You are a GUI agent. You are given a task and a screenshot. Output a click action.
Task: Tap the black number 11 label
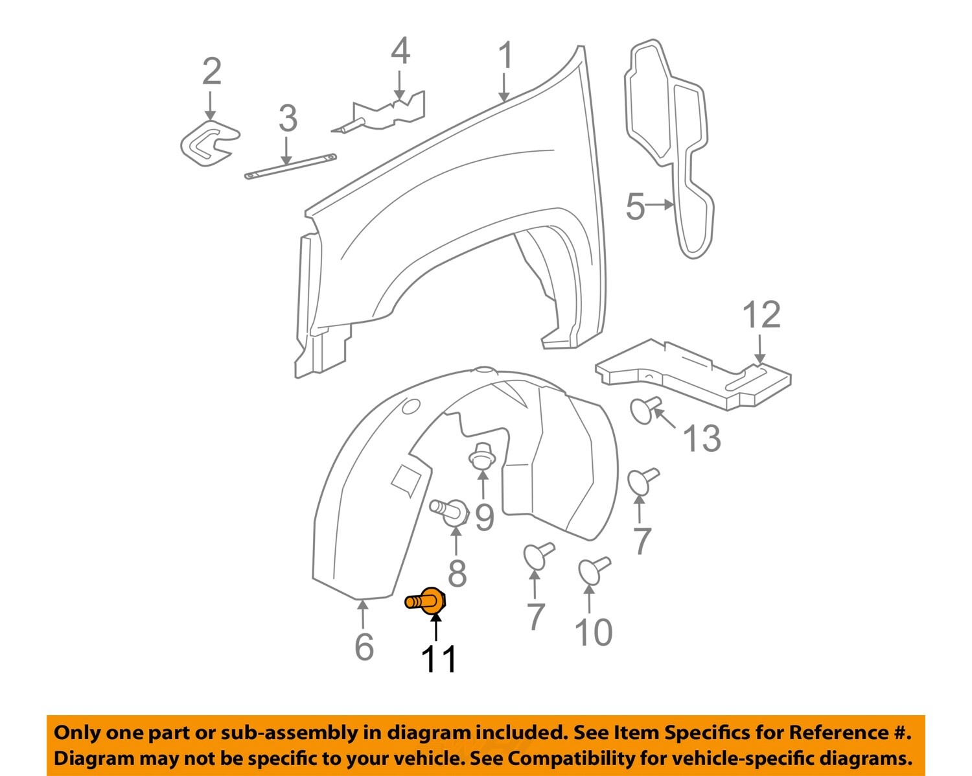(439, 660)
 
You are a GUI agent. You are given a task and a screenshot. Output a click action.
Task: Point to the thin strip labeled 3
(291, 165)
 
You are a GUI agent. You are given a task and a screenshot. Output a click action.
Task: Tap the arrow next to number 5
(661, 205)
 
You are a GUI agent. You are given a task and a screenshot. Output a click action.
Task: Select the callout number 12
(761, 315)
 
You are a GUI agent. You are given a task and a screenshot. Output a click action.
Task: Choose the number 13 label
(702, 439)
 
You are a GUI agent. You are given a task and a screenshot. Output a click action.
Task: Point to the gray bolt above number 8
(450, 510)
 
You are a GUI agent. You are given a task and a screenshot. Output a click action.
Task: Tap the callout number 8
(457, 573)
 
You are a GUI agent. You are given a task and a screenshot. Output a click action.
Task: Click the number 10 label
(593, 632)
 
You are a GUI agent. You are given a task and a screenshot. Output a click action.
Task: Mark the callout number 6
(364, 646)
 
